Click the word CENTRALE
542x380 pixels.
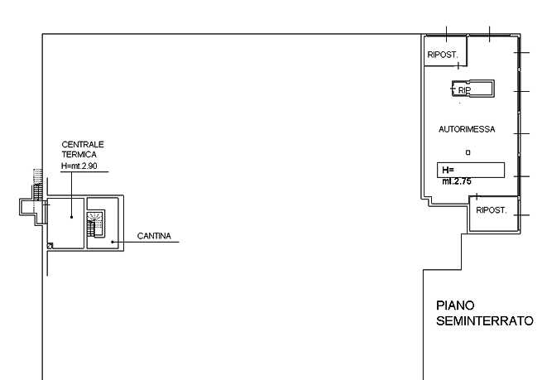tap(83, 145)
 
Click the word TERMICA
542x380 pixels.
tap(79, 155)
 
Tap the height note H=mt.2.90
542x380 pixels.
tap(79, 166)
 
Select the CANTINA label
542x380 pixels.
tap(154, 237)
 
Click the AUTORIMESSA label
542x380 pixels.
tap(467, 130)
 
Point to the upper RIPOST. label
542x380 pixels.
tap(443, 55)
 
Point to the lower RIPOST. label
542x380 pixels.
tap(491, 211)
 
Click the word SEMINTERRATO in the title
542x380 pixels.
tap(485, 321)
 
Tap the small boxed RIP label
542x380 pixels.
tap(463, 89)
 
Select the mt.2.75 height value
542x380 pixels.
tap(457, 181)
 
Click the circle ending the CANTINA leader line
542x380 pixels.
tap(113, 242)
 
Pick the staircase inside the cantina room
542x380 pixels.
tap(96, 222)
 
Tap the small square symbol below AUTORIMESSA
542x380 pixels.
tap(468, 152)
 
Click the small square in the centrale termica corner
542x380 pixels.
tap(50, 246)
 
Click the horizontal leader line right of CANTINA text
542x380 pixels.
tap(175, 243)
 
